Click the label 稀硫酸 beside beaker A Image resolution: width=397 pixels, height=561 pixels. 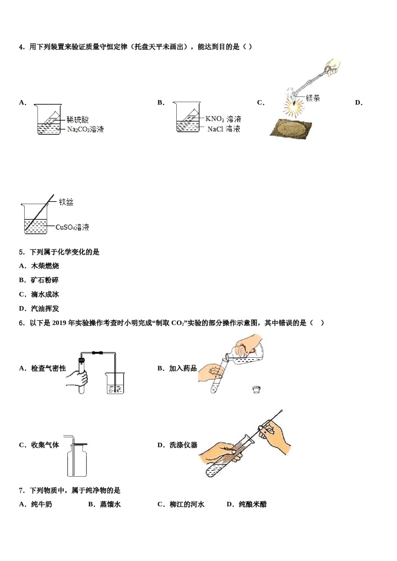[78, 120]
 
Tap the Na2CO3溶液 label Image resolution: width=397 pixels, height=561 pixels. [85, 129]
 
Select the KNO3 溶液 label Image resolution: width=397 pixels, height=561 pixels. [223, 119]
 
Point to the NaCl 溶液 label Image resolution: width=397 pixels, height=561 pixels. [224, 129]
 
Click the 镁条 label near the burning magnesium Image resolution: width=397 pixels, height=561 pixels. [313, 98]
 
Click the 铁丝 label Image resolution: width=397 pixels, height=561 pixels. [66, 202]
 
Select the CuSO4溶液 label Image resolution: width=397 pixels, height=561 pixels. [72, 227]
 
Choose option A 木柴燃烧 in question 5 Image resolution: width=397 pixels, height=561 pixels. [45, 266]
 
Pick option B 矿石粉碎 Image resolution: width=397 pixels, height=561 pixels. [45, 280]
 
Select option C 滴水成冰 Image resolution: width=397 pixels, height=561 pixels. [45, 294]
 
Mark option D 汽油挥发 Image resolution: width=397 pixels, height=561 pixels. [45, 308]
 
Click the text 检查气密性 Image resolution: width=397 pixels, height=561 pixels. [48, 368]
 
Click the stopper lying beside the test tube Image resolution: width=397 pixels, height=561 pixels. [257, 389]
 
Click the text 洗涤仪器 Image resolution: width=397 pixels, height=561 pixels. [183, 445]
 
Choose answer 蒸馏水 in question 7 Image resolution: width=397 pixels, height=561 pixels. [110, 504]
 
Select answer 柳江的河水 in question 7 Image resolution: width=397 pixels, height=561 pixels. [187, 504]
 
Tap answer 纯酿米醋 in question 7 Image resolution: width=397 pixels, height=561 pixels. [252, 504]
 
